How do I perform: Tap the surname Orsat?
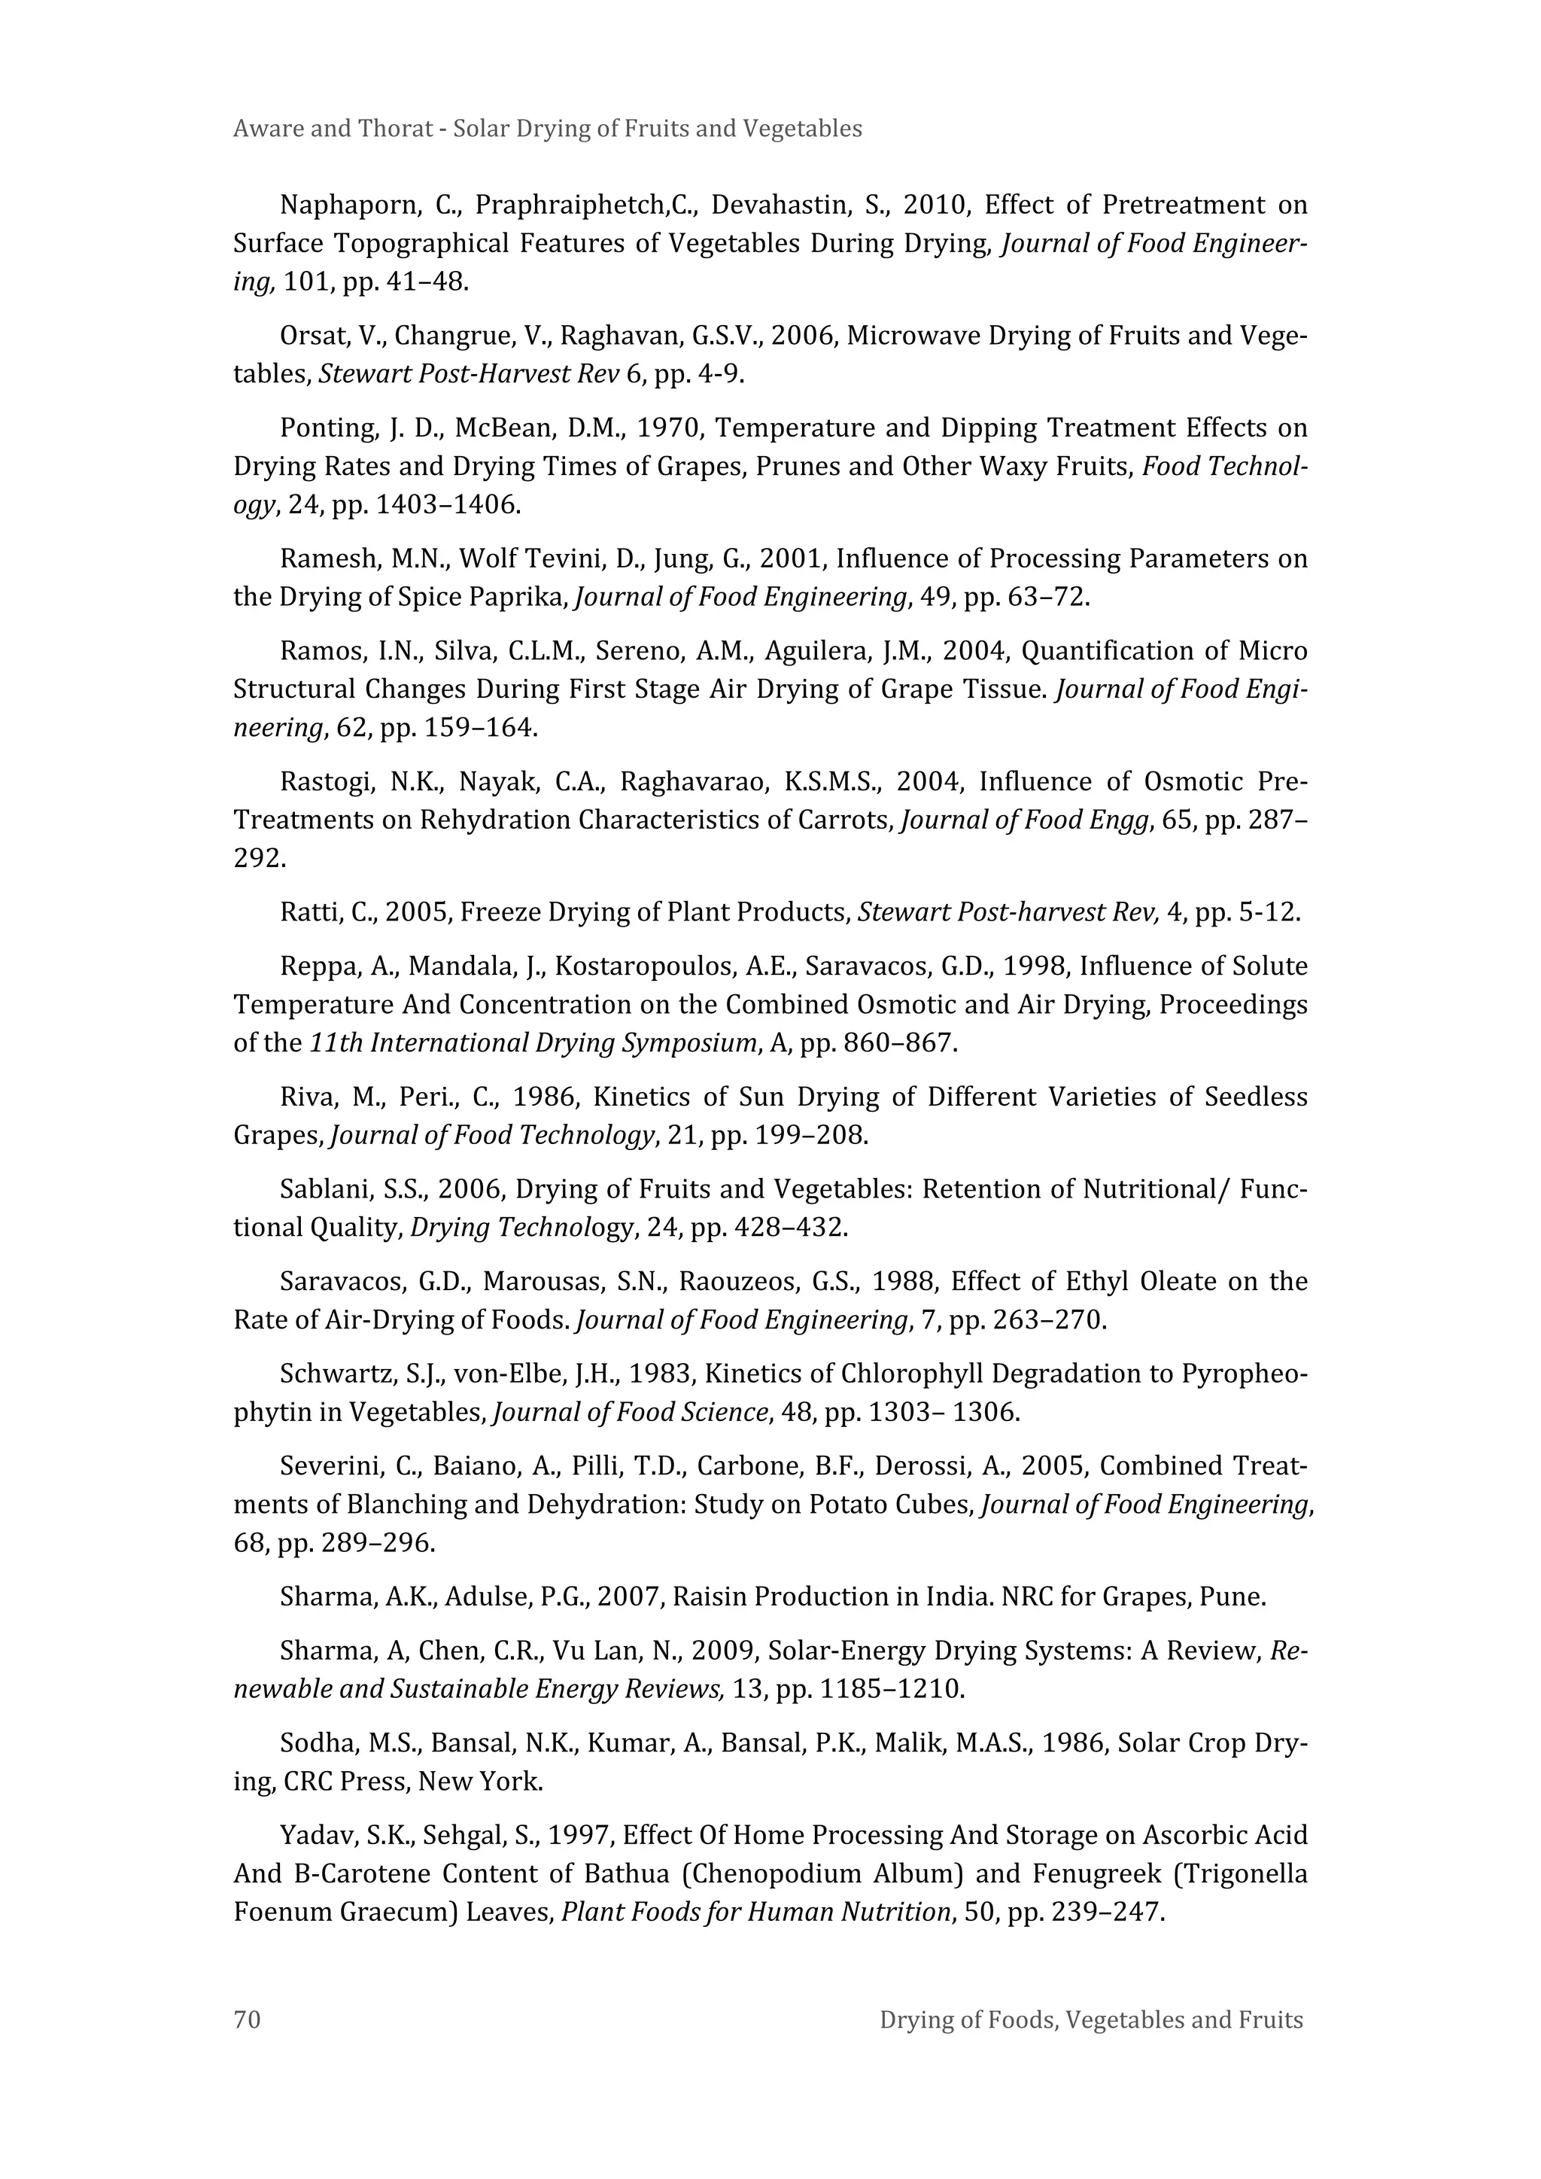[x=316, y=336]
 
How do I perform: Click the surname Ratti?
[x=309, y=913]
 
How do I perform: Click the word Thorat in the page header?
[x=396, y=129]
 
